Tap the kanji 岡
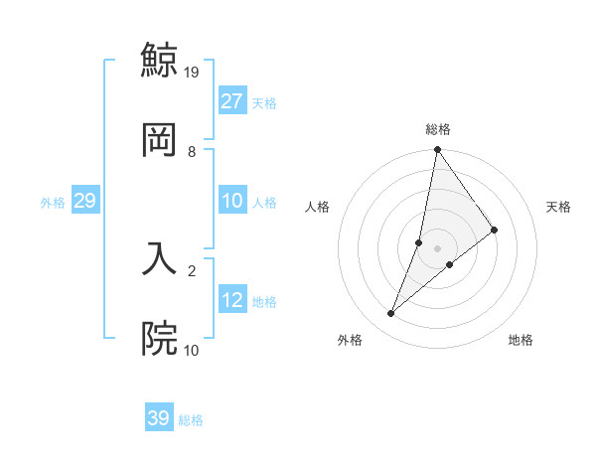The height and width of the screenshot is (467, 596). [159, 139]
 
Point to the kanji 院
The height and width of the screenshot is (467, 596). [159, 338]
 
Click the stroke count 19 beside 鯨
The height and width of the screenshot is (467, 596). [193, 72]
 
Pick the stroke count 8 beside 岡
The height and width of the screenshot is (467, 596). [192, 151]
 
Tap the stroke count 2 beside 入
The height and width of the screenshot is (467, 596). [192, 269]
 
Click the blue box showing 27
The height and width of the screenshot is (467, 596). [232, 101]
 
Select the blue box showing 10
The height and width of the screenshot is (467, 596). [232, 201]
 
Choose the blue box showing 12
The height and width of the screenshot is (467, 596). [232, 300]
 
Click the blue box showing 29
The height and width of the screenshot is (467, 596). [84, 201]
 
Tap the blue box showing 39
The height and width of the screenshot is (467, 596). [159, 418]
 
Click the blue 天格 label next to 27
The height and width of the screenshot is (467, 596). [264, 103]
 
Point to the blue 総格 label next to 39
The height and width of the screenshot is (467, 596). [191, 420]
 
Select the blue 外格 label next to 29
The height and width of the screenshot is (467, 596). [53, 203]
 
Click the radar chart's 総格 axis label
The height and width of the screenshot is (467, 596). [437, 129]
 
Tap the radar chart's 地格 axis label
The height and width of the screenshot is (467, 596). [521, 340]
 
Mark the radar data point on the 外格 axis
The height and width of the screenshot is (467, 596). [391, 314]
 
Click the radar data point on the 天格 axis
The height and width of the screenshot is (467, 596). [495, 230]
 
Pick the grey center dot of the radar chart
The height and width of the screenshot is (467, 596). [437, 248]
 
